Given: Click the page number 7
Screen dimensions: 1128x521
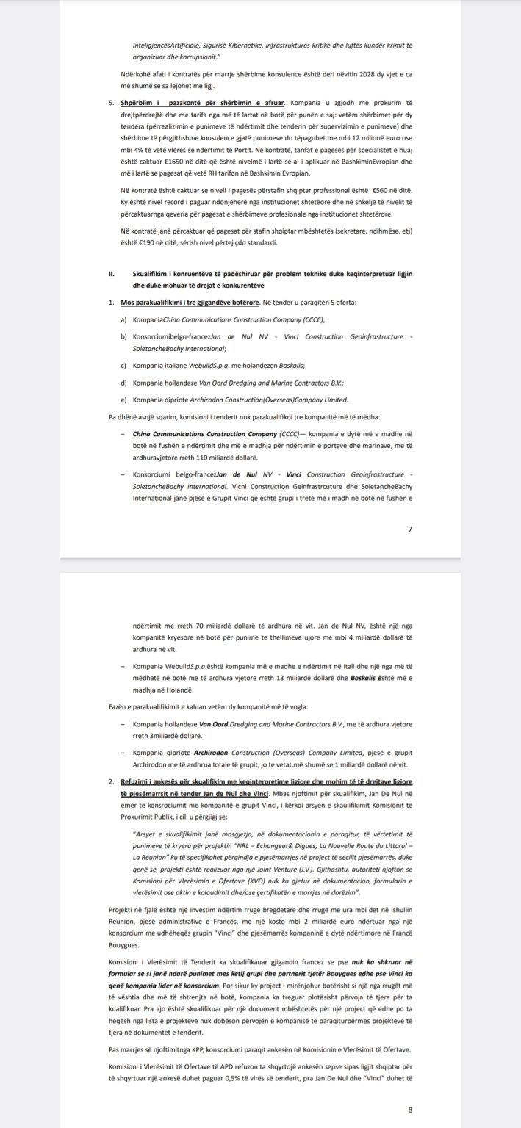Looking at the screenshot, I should pyautogui.click(x=410, y=529).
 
